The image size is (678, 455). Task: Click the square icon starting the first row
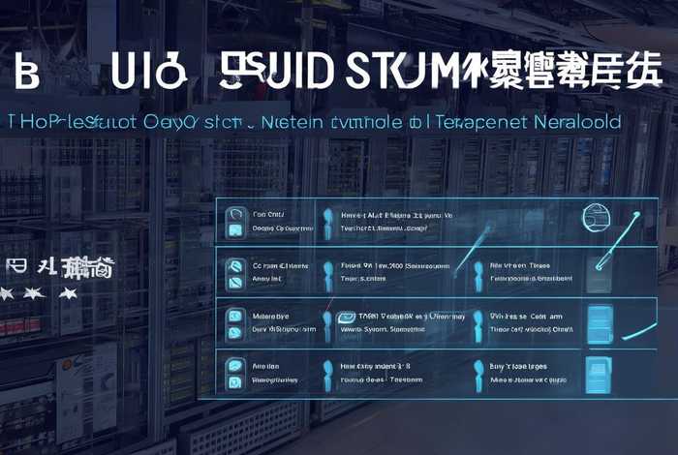tap(233, 220)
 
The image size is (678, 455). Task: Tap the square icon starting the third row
tap(233, 320)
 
